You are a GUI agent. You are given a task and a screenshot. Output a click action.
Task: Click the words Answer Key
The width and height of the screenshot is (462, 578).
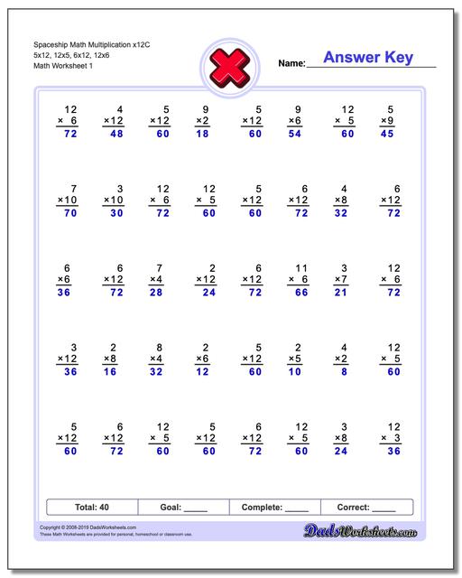click(x=368, y=58)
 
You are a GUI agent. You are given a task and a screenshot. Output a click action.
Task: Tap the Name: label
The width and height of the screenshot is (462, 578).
click(x=292, y=63)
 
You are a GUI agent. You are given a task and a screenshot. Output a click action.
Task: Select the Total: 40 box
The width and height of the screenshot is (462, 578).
click(x=92, y=508)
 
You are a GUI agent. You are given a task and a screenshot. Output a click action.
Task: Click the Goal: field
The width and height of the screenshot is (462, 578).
click(x=183, y=508)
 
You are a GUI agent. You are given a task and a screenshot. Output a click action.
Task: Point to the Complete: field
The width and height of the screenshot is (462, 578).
click(x=275, y=508)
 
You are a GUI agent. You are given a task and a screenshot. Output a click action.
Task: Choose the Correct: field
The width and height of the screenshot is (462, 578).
click(x=366, y=508)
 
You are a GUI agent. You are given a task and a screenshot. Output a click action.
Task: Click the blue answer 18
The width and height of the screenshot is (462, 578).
click(x=202, y=135)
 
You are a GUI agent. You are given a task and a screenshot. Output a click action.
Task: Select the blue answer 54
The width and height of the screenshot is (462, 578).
click(x=294, y=135)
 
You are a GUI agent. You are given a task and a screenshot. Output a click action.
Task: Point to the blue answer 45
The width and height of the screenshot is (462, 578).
click(x=386, y=135)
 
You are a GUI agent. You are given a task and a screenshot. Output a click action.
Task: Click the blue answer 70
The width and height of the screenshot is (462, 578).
click(x=69, y=214)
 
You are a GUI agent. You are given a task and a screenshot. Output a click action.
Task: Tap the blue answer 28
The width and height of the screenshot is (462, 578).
click(x=159, y=293)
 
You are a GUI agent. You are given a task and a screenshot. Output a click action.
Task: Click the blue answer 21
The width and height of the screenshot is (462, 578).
click(x=341, y=293)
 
